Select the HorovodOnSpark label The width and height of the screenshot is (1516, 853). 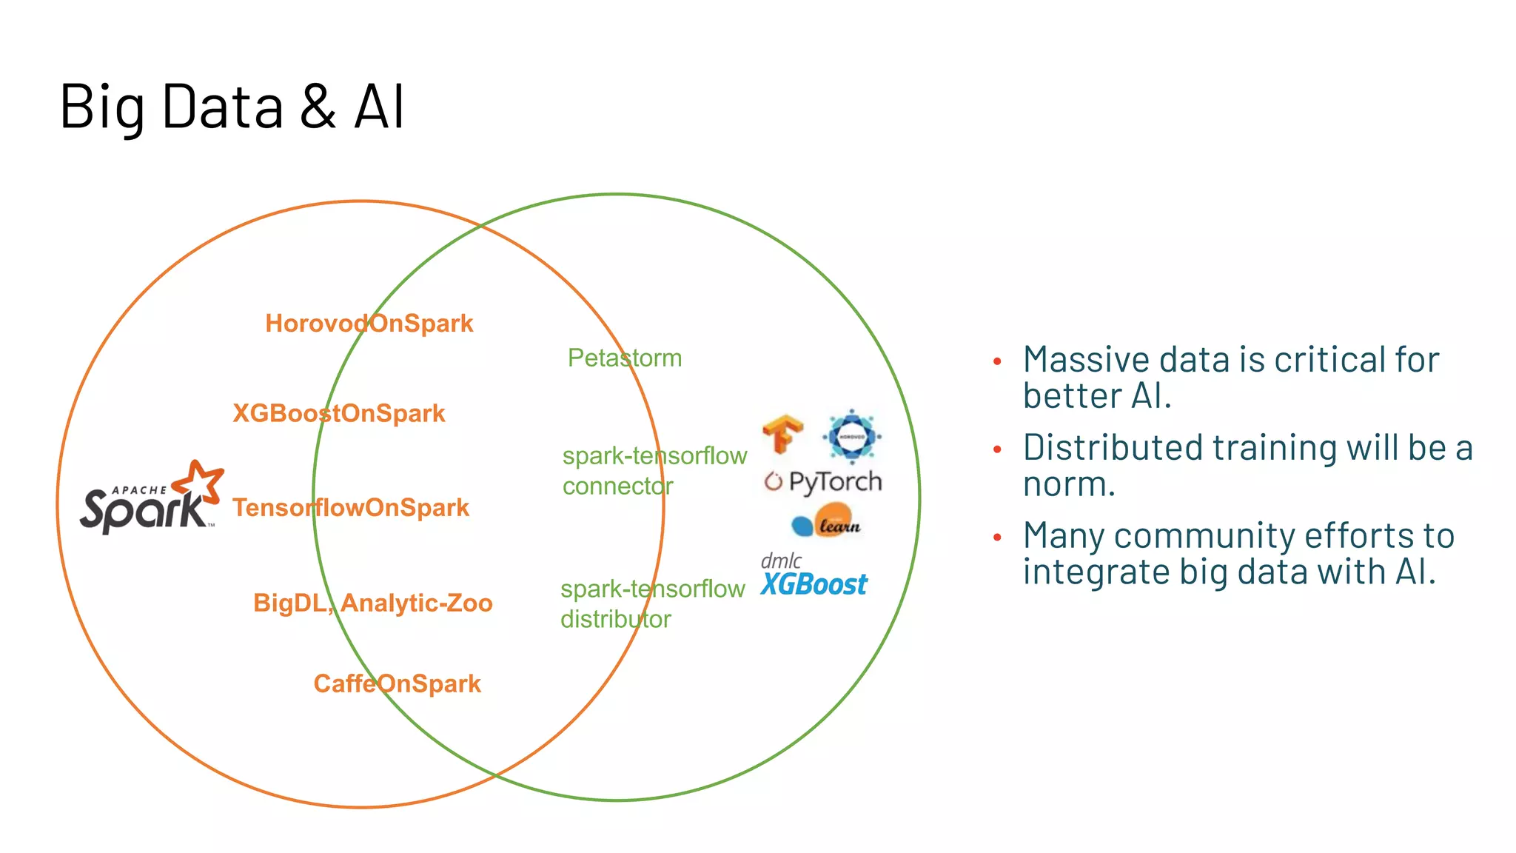(369, 324)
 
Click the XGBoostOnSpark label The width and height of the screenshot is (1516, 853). (339, 413)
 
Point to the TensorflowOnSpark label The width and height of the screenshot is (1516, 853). (351, 508)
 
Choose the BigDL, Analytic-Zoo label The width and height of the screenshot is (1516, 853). (372, 603)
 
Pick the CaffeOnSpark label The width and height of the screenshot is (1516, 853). (397, 683)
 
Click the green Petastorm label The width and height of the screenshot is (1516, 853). (624, 358)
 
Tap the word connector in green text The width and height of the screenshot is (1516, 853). (617, 486)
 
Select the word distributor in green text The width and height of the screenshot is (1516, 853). (615, 619)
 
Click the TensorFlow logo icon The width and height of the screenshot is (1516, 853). (782, 434)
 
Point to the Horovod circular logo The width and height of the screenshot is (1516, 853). (851, 436)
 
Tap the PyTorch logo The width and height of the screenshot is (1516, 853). (823, 482)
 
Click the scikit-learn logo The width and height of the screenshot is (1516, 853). (827, 521)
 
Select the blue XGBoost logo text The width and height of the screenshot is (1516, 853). (814, 585)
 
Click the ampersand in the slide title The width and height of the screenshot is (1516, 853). (318, 107)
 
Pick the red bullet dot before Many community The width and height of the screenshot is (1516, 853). (997, 538)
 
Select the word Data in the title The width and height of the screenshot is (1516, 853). (222, 107)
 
